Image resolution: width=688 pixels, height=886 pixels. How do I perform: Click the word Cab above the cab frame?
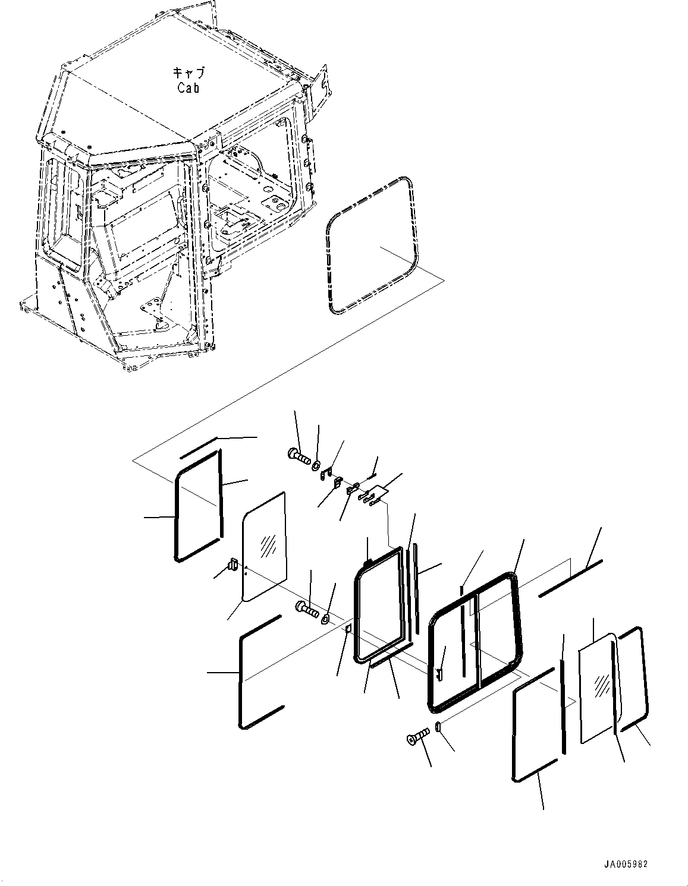tap(188, 88)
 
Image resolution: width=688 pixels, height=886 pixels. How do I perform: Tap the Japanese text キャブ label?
tap(188, 73)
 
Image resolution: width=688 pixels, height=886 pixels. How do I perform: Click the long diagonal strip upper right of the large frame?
tap(571, 576)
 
